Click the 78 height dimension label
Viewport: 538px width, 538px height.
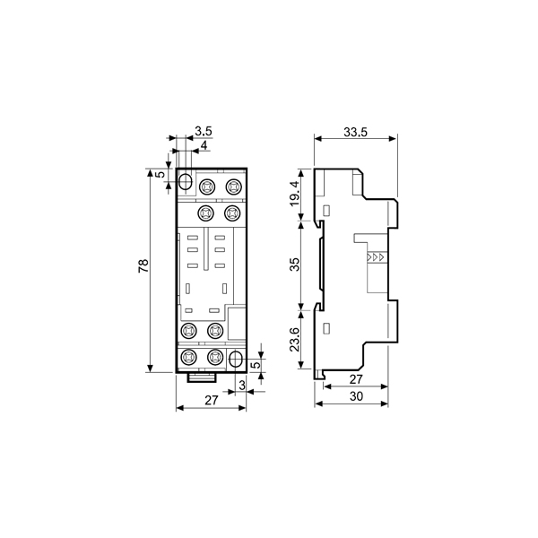[x=143, y=266]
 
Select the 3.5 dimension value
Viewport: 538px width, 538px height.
[x=204, y=131]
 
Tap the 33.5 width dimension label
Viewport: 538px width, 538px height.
[x=355, y=132]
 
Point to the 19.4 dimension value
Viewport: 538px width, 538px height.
[x=295, y=194]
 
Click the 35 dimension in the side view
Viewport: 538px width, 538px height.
[x=295, y=265]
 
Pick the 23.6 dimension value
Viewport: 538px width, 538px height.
[x=295, y=339]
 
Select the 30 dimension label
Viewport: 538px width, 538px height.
[x=356, y=396]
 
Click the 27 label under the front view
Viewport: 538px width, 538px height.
[x=212, y=400]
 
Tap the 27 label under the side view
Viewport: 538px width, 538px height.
[x=356, y=379]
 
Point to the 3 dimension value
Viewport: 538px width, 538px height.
[x=242, y=386]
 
